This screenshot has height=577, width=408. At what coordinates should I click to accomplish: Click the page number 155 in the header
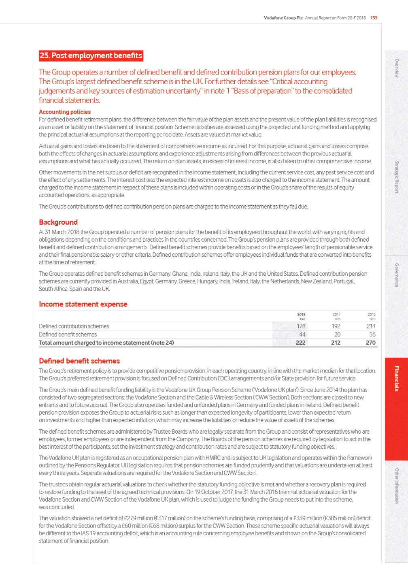(374, 18)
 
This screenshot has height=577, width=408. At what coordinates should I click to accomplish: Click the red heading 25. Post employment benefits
(91, 55)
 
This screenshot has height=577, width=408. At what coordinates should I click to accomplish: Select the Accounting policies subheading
(65, 112)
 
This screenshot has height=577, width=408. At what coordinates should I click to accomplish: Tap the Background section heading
(58, 222)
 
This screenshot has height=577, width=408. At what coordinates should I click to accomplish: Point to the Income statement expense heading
(83, 304)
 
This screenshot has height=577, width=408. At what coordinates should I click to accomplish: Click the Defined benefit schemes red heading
(79, 361)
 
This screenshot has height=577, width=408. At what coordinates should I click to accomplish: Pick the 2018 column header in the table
(301, 314)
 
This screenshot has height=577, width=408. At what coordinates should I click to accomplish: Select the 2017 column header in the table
(336, 314)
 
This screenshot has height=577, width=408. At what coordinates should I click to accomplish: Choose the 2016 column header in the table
(371, 314)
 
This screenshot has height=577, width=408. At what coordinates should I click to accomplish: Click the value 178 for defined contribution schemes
(301, 326)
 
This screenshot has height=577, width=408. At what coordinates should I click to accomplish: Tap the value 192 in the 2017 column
(336, 326)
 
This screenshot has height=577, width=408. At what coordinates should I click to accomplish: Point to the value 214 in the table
(371, 326)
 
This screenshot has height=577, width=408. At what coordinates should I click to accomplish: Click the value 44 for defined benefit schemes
(302, 334)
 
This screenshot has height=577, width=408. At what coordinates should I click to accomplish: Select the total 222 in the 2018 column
(300, 343)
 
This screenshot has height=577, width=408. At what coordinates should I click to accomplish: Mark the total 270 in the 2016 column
(370, 343)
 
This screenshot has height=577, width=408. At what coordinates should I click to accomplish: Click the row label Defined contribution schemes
(74, 326)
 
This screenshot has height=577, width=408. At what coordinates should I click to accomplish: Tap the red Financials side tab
(396, 379)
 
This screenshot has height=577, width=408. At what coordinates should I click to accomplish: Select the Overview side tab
(396, 68)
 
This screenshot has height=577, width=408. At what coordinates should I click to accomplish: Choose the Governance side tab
(396, 275)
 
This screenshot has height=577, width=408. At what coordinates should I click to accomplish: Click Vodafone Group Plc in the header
(283, 18)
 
